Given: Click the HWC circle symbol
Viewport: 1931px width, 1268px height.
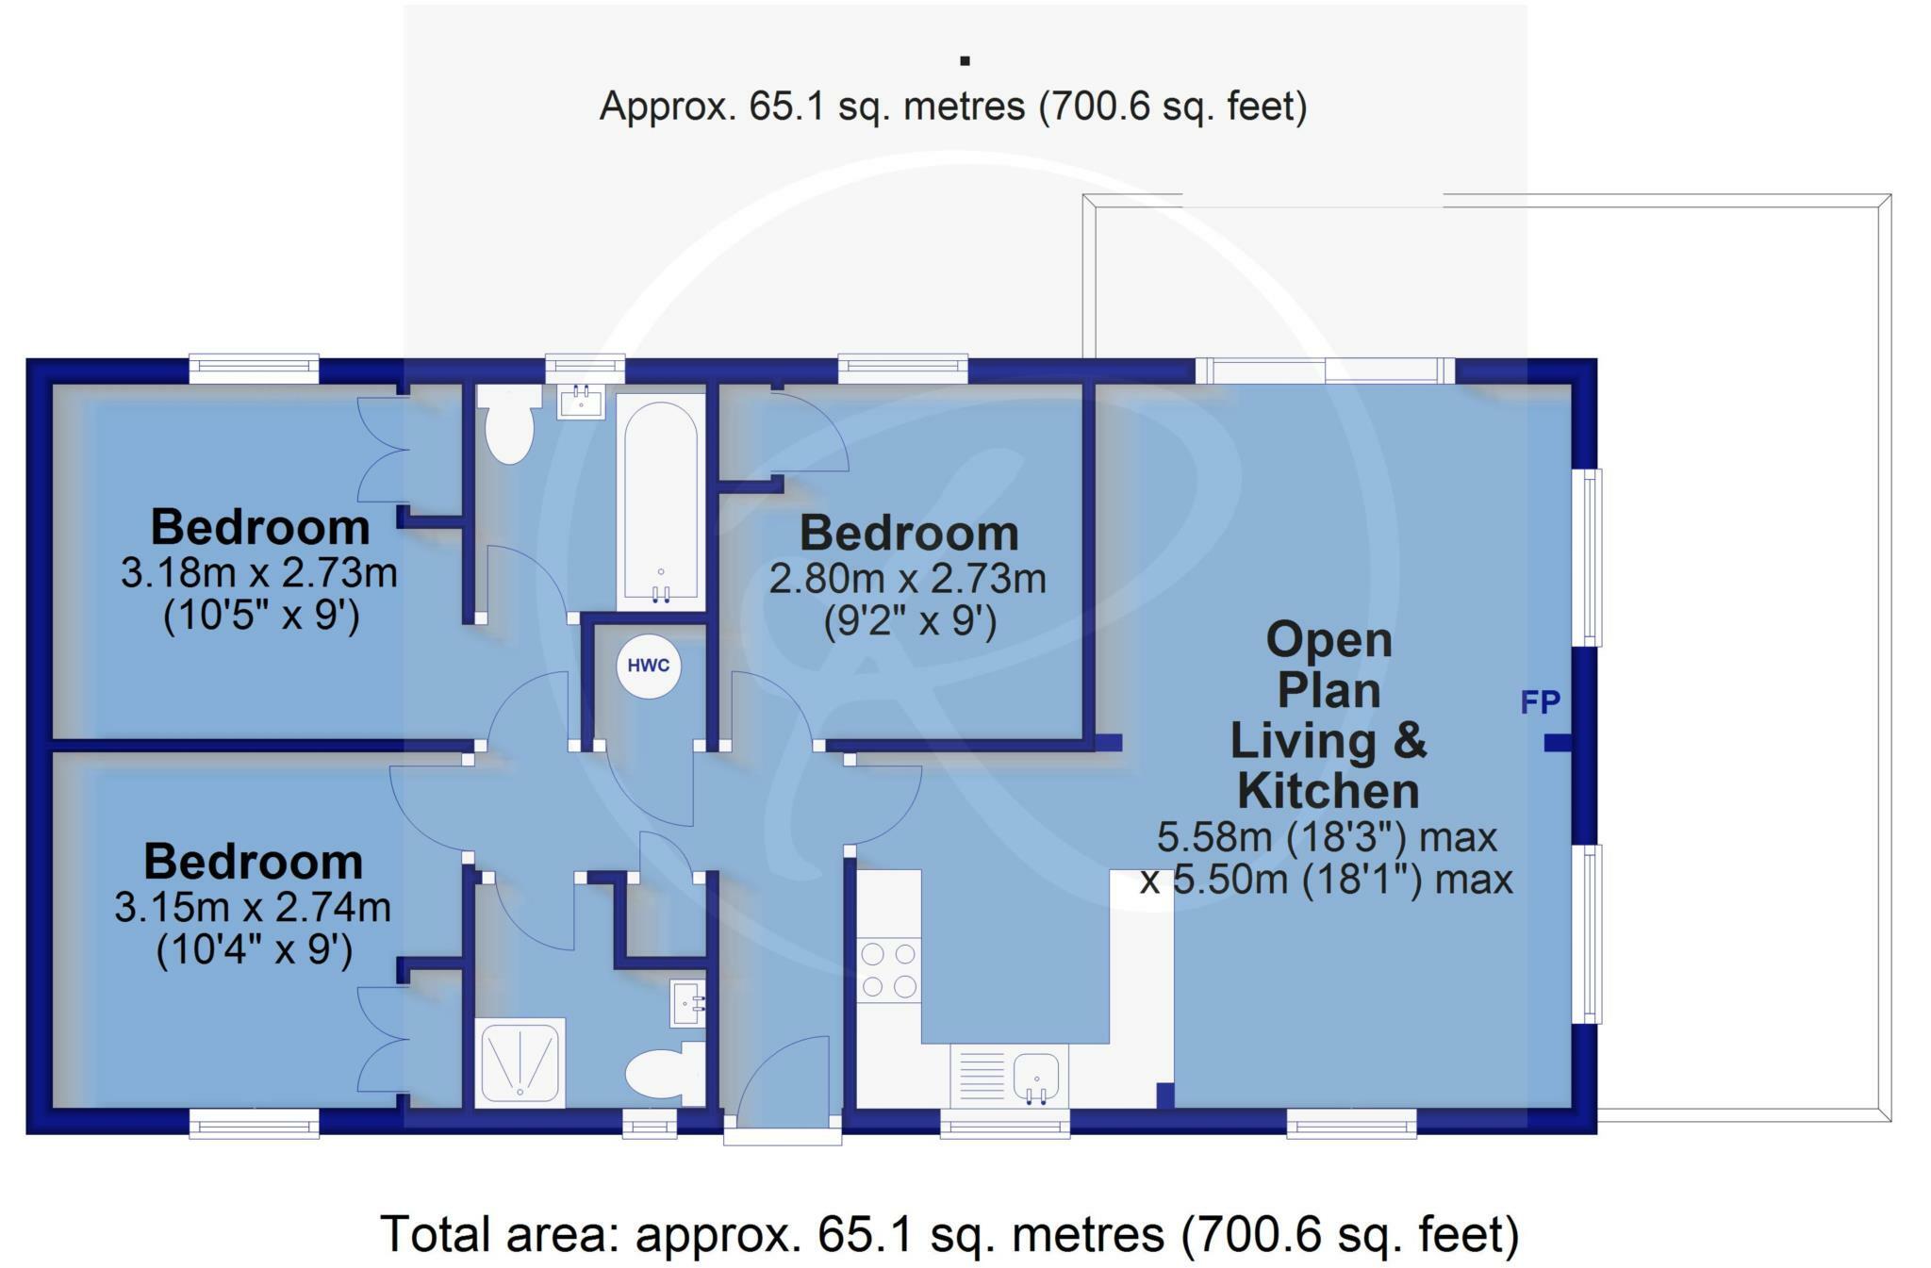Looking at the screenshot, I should [x=649, y=666].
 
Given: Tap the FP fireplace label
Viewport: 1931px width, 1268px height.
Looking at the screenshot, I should [x=1540, y=701].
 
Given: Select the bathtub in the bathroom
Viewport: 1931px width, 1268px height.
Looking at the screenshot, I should [x=660, y=502].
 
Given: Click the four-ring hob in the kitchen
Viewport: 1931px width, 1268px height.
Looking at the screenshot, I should [x=888, y=970].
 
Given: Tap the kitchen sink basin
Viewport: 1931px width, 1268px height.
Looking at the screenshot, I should [x=1036, y=1078].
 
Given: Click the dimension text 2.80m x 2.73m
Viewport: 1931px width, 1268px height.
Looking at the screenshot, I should [x=907, y=579].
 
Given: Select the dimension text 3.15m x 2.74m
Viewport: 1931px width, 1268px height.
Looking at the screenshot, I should [x=253, y=907].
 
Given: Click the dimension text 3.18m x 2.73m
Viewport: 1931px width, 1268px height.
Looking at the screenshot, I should [x=258, y=572].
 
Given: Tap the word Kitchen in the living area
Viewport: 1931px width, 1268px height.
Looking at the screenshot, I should [x=1328, y=791].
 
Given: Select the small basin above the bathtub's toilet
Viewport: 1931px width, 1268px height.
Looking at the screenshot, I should [x=581, y=402].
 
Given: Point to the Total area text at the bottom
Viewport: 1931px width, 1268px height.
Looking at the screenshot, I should [x=949, y=1234].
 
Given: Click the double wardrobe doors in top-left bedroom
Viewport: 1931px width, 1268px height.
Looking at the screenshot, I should [x=384, y=450].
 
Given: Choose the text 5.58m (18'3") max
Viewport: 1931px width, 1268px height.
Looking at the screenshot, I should [x=1327, y=836].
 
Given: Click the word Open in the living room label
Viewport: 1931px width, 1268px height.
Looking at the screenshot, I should [x=1328, y=640].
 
